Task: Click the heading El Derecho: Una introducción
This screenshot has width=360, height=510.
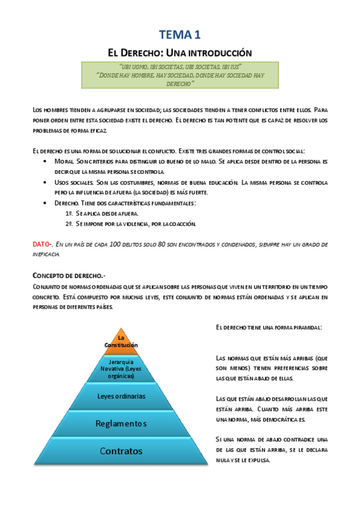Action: click(x=180, y=52)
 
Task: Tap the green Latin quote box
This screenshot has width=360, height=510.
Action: click(x=180, y=75)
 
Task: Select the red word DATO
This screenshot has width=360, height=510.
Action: click(x=40, y=245)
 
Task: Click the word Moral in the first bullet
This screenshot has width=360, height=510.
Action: click(x=63, y=162)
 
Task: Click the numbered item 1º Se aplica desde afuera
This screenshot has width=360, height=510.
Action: click(x=102, y=214)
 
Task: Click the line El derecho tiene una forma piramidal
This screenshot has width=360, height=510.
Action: click(x=268, y=327)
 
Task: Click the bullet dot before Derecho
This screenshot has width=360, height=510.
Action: click(x=47, y=203)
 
